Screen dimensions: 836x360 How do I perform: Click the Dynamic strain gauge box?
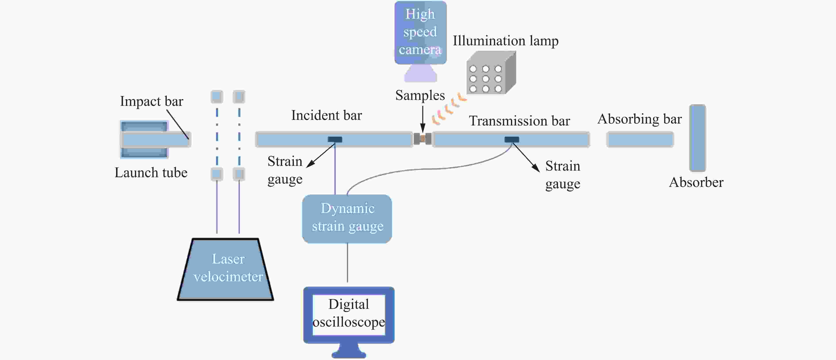[x=347, y=219]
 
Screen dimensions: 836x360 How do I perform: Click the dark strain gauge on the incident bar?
[x=335, y=140]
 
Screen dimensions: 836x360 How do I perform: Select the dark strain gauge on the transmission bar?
[x=512, y=140]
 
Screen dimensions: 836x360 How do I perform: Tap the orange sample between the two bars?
[x=423, y=139]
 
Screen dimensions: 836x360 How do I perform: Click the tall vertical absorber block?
[x=698, y=138]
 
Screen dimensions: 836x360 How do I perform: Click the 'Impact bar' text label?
[x=152, y=101]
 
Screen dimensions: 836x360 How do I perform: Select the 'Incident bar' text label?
[x=327, y=115]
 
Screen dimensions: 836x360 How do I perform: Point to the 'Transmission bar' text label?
[x=519, y=121]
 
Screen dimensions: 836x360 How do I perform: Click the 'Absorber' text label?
[x=696, y=182]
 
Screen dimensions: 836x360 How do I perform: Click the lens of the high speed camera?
[x=421, y=73]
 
